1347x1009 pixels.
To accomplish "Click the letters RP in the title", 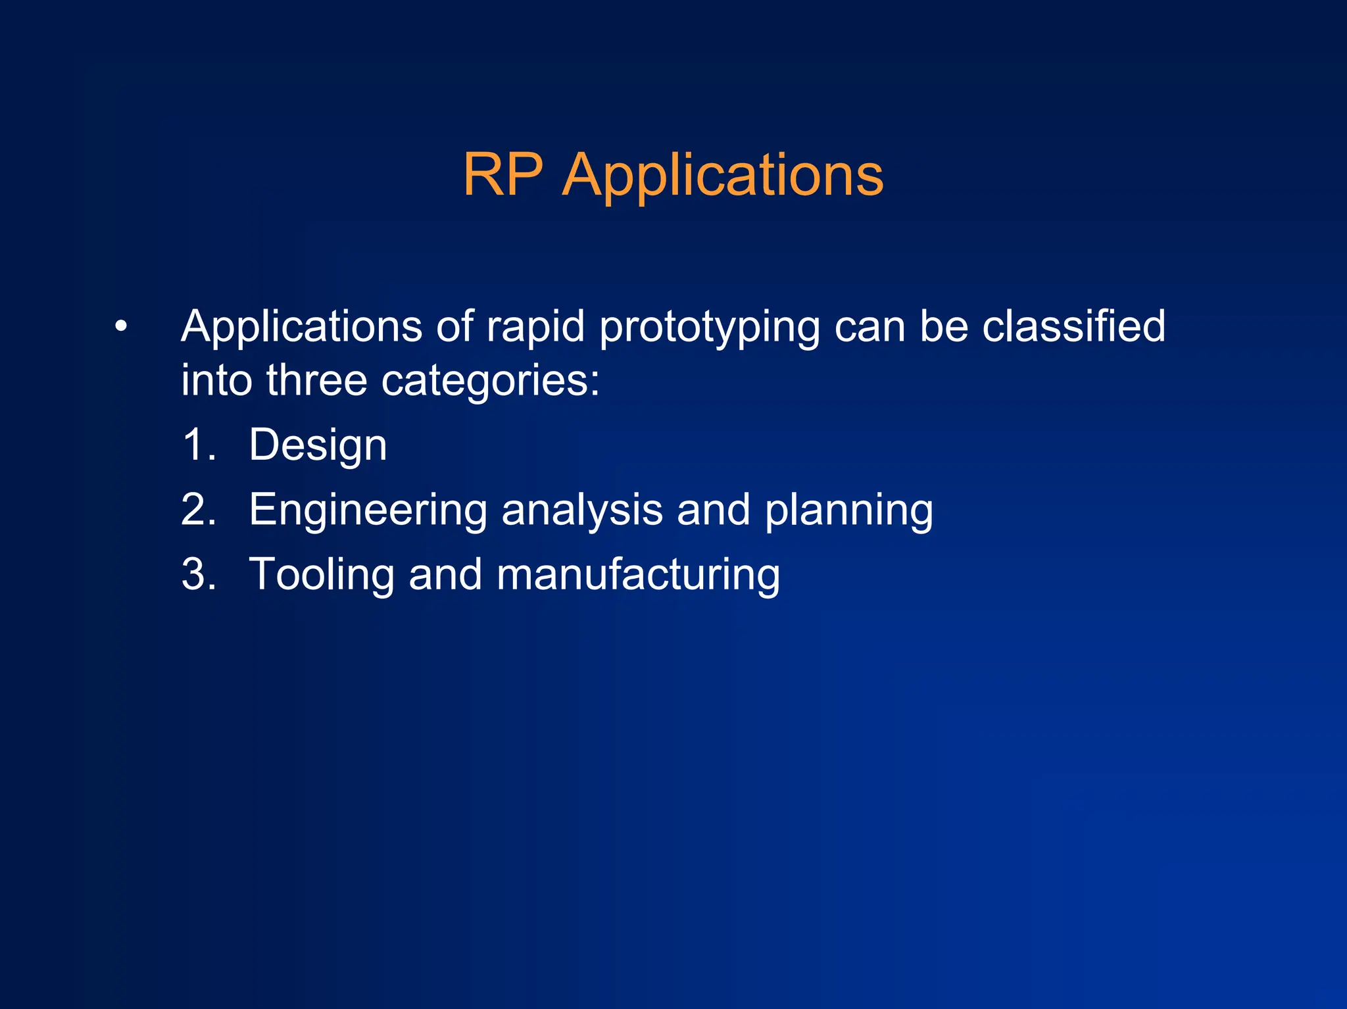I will click(x=503, y=174).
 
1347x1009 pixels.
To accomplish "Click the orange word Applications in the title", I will click(x=723, y=176).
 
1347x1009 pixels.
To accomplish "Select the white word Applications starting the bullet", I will click(x=301, y=327).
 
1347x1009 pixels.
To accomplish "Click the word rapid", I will click(x=535, y=327).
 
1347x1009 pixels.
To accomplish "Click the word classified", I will click(x=1073, y=326).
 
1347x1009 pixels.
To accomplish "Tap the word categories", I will click(x=490, y=381).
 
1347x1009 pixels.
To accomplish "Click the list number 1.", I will click(x=198, y=445).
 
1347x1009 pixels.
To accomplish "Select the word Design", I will click(x=318, y=446).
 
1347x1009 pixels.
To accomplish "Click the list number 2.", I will click(x=198, y=510).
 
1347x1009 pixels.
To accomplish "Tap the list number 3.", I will click(x=198, y=574).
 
